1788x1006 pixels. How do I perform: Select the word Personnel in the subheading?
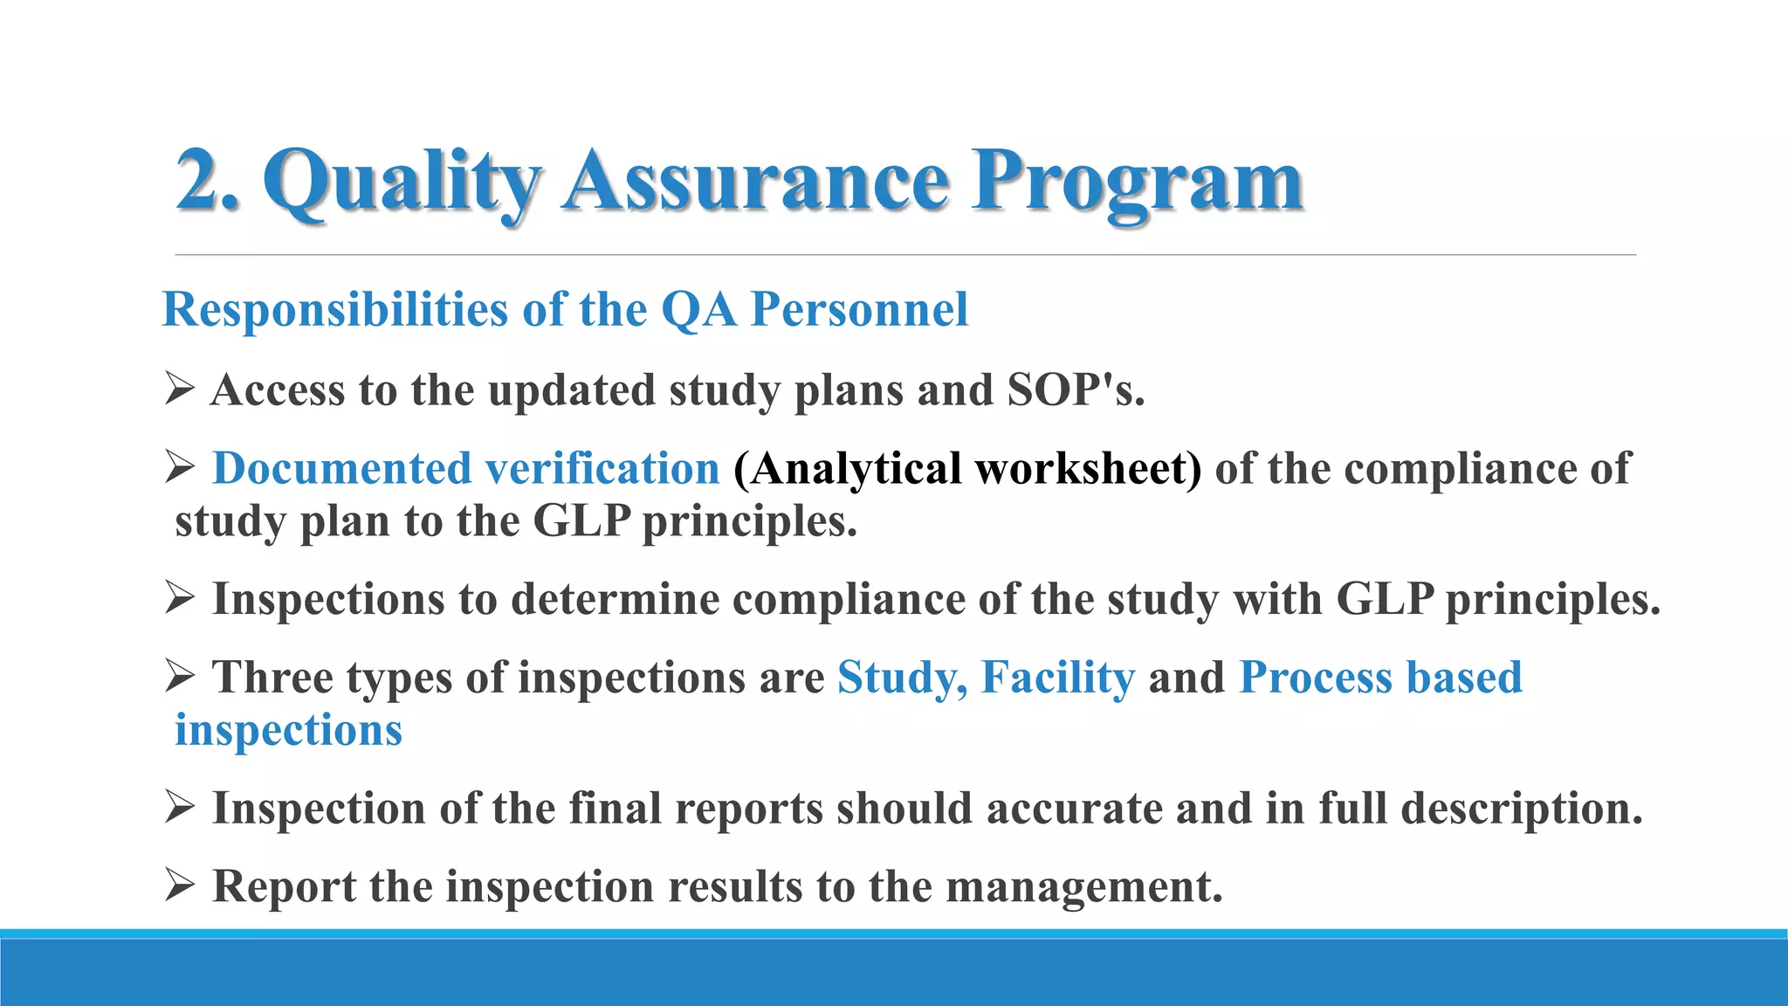pos(860,309)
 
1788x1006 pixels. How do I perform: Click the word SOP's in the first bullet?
pos(1075,389)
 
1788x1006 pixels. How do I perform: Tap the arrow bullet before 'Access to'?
pos(179,388)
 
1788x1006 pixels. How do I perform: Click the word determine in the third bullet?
pos(615,599)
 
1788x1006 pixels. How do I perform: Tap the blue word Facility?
pos(1058,678)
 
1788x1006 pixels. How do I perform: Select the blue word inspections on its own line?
pos(289,730)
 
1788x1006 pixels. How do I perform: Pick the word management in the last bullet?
pos(1083,887)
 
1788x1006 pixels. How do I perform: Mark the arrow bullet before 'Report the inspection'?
pos(179,885)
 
